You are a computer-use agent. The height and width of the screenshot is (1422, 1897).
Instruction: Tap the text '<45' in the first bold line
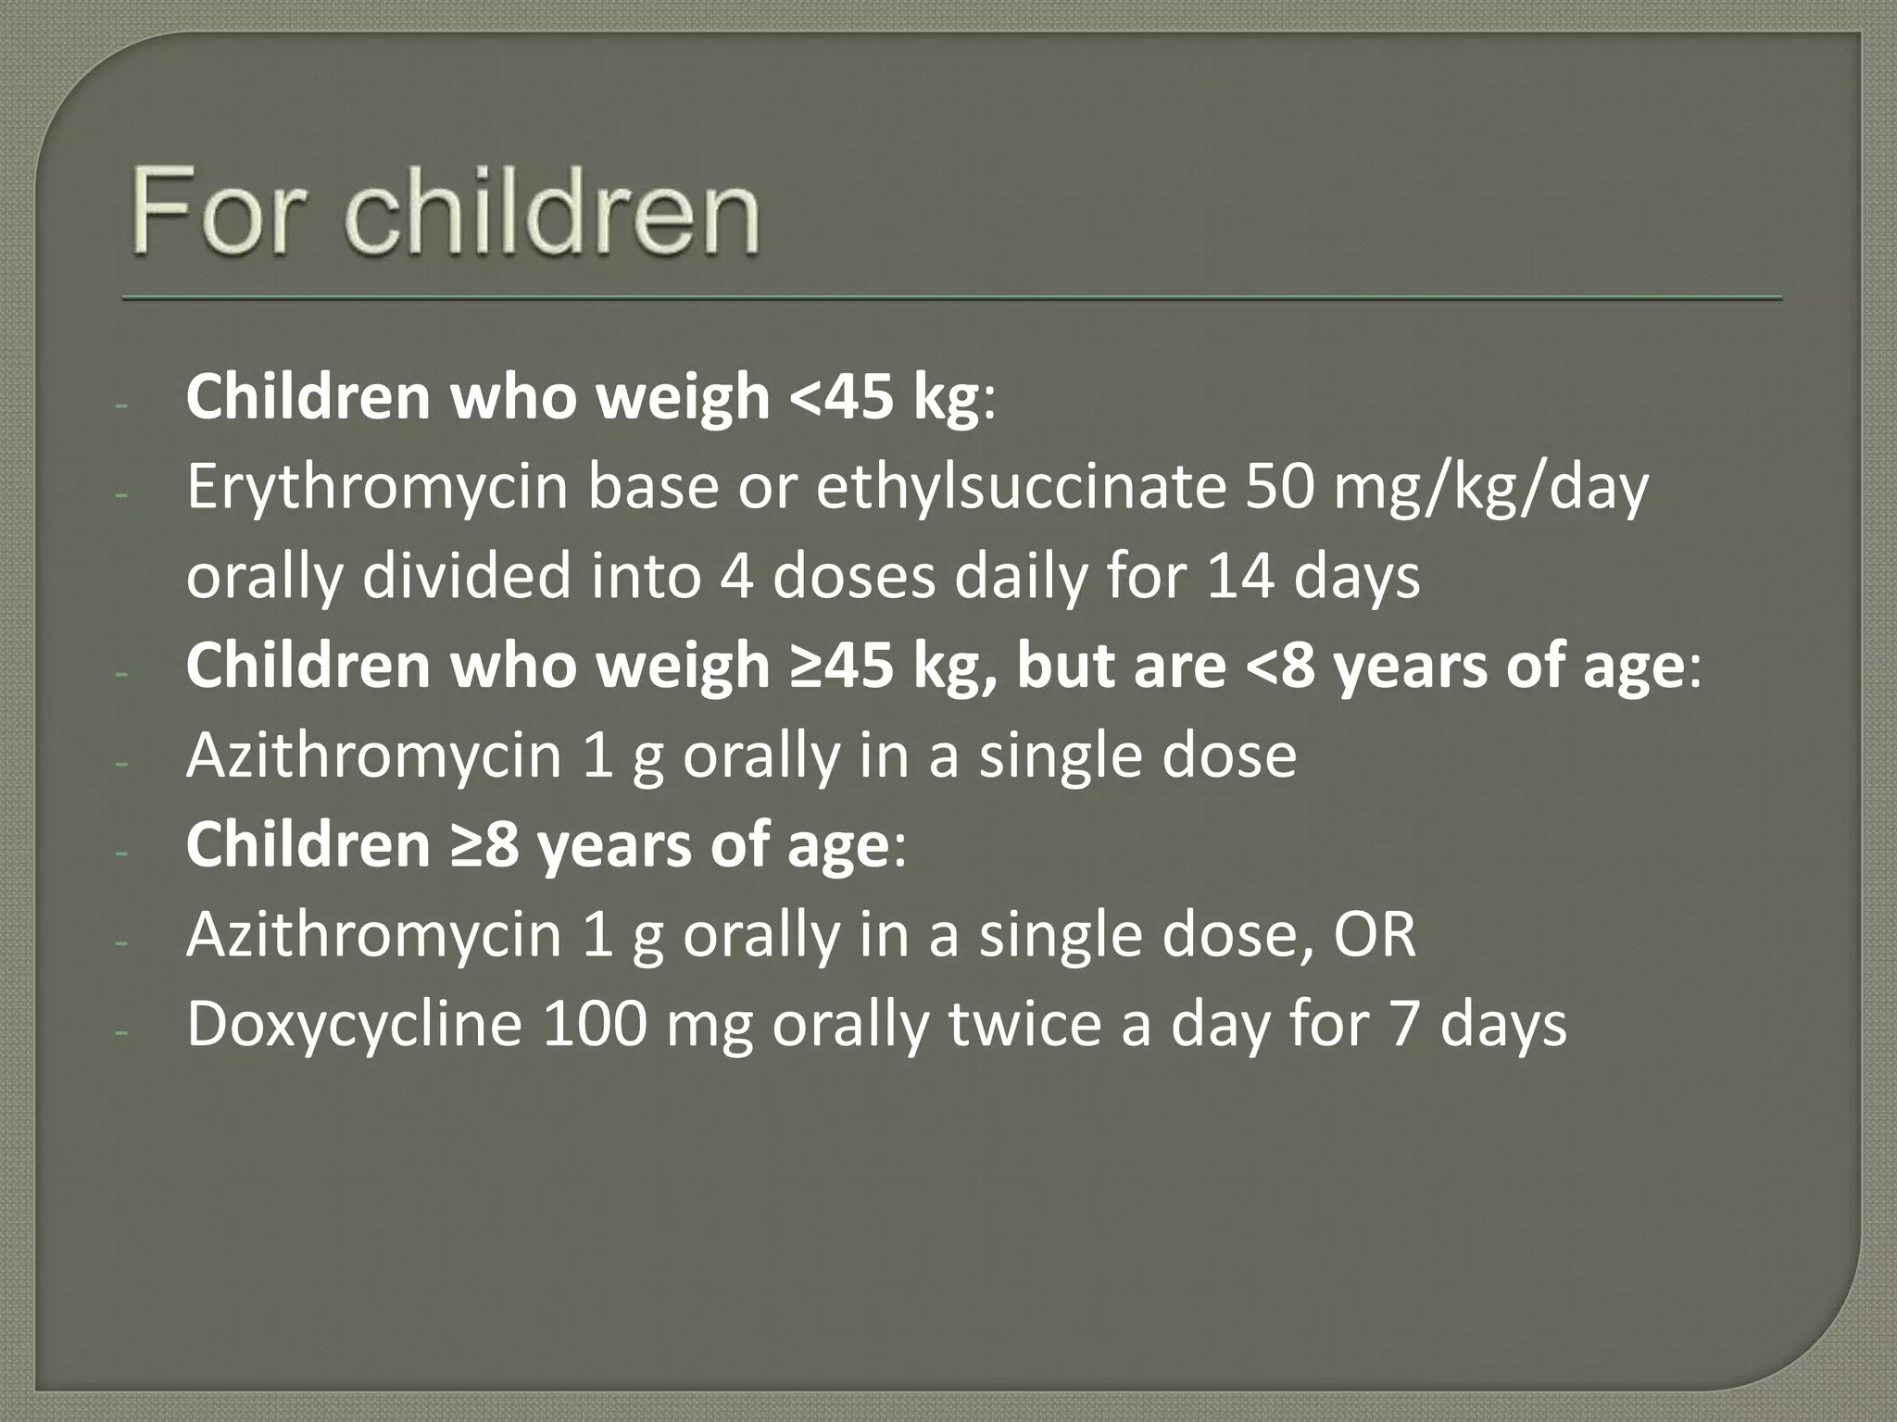pos(842,397)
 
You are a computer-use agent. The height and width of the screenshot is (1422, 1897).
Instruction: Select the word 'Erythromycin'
pos(376,487)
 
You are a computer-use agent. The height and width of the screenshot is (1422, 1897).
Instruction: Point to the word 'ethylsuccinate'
pos(1020,487)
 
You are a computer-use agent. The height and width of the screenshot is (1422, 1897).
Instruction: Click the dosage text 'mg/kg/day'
pos(1490,487)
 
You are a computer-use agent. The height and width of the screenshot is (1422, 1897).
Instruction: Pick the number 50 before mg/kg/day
pos(1279,487)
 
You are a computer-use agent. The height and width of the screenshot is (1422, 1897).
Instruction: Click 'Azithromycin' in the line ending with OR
pos(374,935)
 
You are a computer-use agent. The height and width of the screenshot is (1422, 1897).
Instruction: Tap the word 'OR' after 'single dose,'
pos(1375,935)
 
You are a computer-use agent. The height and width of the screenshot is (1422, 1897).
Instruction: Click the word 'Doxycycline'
pos(355,1024)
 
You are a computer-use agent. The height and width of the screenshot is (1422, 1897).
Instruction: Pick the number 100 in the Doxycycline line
pos(594,1024)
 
